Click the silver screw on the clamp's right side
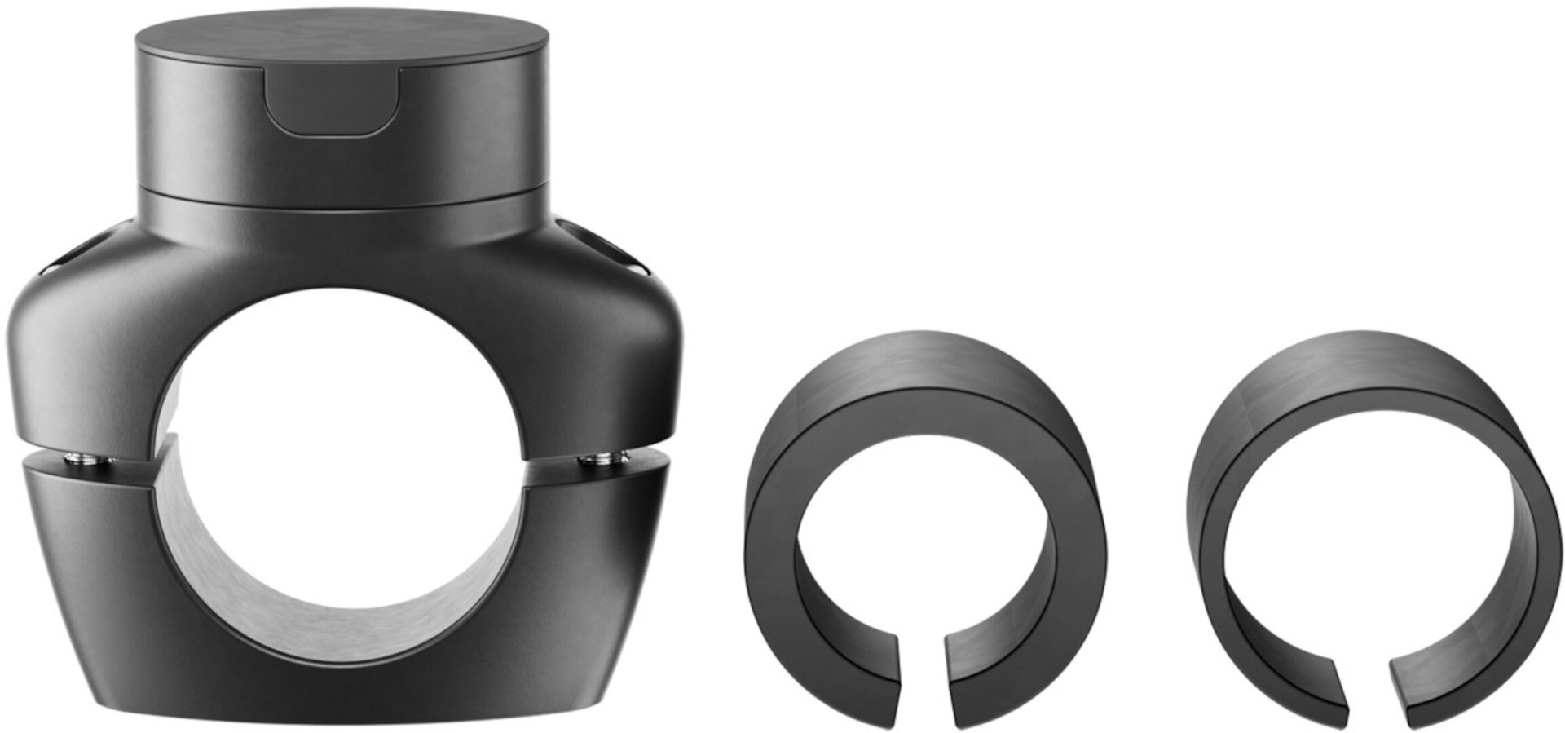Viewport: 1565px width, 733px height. pyautogui.click(x=602, y=461)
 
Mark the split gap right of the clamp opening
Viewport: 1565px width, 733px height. pyautogui.click(x=595, y=451)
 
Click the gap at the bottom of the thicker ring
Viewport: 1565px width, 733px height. pyautogui.click(x=923, y=677)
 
